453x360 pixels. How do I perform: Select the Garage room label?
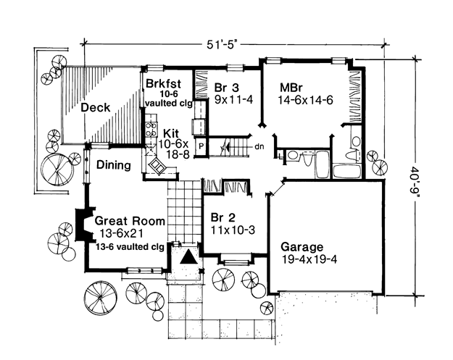click(x=302, y=247)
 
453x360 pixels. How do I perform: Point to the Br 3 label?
click(x=227, y=88)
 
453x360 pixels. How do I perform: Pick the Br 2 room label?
click(x=223, y=217)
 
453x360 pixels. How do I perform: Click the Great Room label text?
click(x=130, y=221)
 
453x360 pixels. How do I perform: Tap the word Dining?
click(x=114, y=165)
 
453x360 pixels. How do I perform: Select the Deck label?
click(x=96, y=108)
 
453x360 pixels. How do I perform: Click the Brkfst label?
click(x=164, y=84)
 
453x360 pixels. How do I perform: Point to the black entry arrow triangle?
click(x=188, y=256)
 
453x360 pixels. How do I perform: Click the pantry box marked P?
click(x=201, y=146)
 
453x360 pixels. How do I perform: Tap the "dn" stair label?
click(x=259, y=146)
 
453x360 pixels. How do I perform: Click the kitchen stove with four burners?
click(x=151, y=129)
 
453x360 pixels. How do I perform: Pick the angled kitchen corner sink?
click(x=158, y=167)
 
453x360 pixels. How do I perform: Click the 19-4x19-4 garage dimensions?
click(x=309, y=259)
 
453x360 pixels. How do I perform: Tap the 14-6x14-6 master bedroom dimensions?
click(x=306, y=100)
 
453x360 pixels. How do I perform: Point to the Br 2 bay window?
click(x=236, y=261)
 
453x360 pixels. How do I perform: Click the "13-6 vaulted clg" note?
click(x=130, y=247)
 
